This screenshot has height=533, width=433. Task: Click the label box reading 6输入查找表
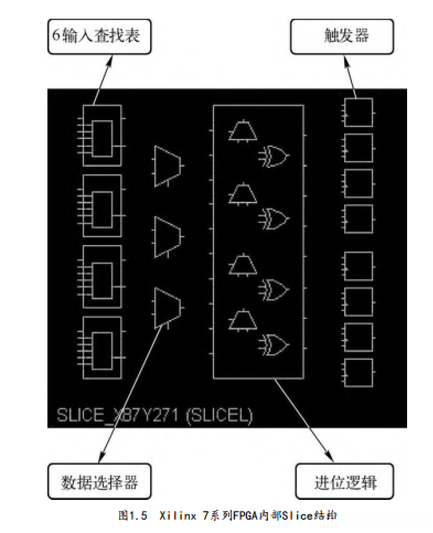tap(99, 36)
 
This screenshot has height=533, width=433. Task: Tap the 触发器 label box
tap(342, 36)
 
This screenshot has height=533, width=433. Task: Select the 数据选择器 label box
tap(99, 481)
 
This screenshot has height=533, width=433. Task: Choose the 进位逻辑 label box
tap(345, 481)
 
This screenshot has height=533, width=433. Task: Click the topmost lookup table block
tap(102, 135)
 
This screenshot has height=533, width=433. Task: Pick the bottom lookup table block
tap(102, 348)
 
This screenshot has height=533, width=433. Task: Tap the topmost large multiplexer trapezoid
tap(167, 166)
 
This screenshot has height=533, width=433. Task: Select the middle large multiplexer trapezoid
tap(167, 237)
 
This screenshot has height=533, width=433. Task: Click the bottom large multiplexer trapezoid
tap(167, 308)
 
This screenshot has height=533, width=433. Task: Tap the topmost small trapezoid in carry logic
tap(243, 130)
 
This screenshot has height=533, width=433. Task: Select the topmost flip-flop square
tap(359, 113)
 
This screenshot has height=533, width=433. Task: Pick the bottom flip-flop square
tap(359, 372)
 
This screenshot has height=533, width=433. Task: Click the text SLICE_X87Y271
tap(117, 415)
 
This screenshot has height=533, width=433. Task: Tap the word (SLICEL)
tap(220, 415)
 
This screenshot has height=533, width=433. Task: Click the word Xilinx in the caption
tap(178, 516)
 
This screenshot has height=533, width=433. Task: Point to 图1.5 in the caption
tap(133, 516)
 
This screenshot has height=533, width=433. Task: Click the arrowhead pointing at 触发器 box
tap(346, 61)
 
